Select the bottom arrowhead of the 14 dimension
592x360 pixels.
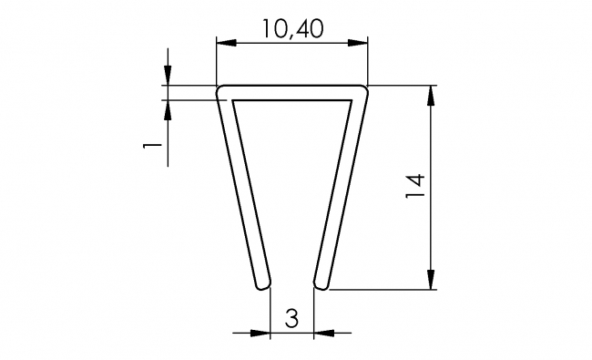point(431,282)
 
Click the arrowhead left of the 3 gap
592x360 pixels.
point(263,334)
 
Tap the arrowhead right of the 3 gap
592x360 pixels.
point(322,334)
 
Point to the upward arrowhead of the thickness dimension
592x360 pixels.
point(168,107)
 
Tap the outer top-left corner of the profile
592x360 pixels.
point(219,88)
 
